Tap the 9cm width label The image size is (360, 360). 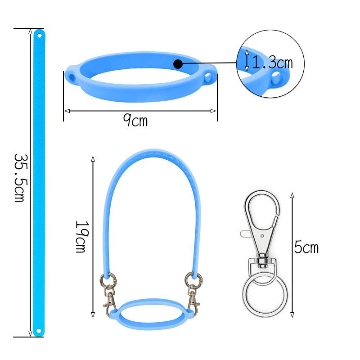click(135, 120)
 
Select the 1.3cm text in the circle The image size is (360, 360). click(272, 62)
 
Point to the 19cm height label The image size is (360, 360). click(82, 237)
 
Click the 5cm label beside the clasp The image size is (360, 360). click(306, 247)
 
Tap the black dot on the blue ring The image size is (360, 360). click(178, 64)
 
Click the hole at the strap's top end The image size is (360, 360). click(39, 36)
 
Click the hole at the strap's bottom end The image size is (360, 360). click(39, 331)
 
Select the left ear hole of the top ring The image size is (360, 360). click(72, 78)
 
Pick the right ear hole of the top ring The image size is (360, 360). click(208, 78)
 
